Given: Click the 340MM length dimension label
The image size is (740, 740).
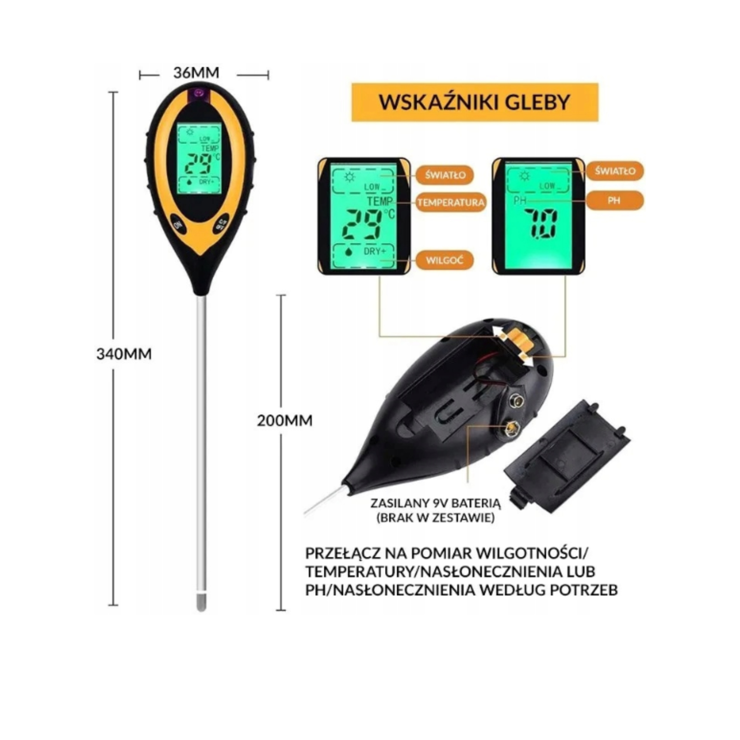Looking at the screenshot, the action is pos(124,354).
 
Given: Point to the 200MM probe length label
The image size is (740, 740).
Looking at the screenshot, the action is pos(285,421).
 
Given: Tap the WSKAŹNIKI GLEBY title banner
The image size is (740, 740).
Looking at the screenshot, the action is pos(475,102).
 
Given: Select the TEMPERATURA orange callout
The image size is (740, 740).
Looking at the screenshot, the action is pos(451,202).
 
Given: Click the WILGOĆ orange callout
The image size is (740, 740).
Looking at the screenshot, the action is pos(444,260).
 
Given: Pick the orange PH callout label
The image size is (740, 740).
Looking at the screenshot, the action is pos(614,200).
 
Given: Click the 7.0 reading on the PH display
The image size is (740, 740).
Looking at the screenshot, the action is pos(540,224).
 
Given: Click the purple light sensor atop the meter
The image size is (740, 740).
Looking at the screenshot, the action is pos(198,93).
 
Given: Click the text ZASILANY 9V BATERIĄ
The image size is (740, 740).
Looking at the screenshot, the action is pos(436,503).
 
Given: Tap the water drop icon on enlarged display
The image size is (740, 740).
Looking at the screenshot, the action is pos(348,252).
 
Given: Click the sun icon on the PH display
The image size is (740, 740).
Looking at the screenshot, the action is pos(524,176).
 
